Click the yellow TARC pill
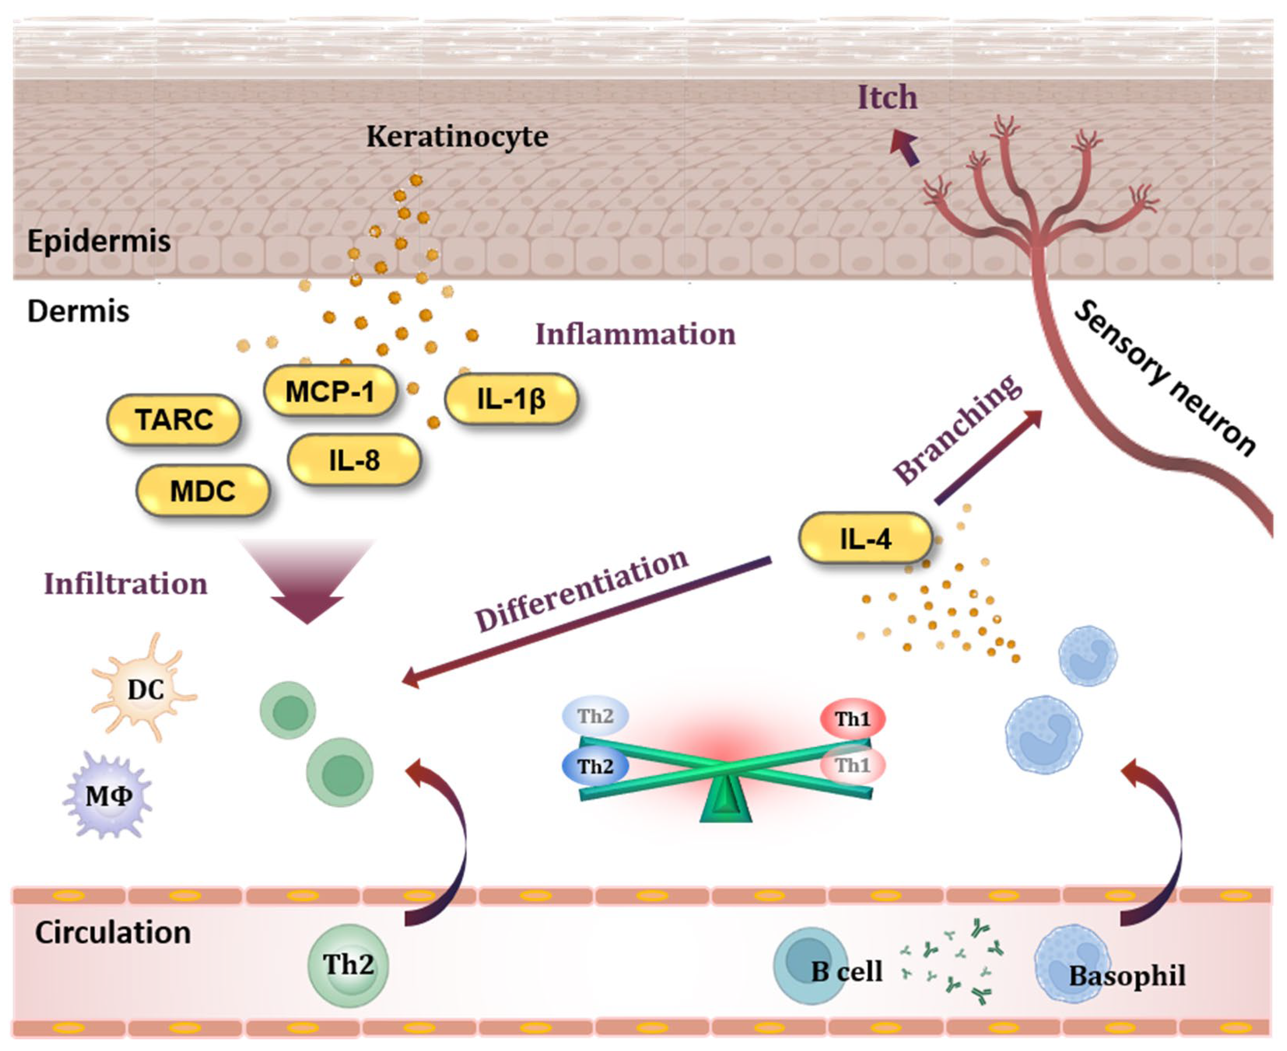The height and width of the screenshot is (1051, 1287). (x=174, y=420)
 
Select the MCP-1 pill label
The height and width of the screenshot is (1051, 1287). (x=330, y=391)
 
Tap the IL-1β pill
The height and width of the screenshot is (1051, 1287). (x=512, y=398)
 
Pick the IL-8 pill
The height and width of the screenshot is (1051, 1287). (x=354, y=460)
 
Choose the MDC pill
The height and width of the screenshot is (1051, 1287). (x=203, y=490)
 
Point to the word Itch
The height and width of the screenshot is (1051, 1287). (x=887, y=98)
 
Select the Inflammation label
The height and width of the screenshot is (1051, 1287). (x=635, y=334)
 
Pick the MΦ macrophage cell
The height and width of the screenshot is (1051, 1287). (x=108, y=795)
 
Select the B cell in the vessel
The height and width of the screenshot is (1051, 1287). (x=810, y=966)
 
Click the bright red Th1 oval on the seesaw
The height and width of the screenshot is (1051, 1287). (x=853, y=719)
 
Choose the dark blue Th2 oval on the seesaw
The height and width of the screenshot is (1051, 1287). (x=595, y=766)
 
